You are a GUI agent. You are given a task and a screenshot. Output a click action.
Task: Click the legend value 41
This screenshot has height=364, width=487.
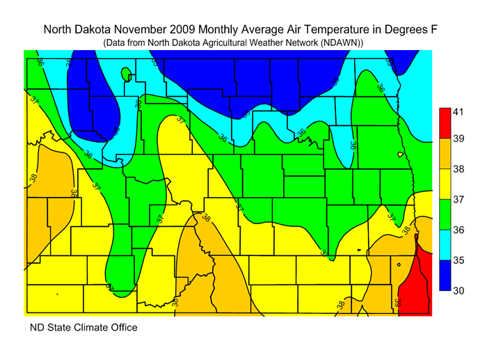[x=458, y=112]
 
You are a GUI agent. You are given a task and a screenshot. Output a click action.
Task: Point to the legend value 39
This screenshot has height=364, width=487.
[x=458, y=140]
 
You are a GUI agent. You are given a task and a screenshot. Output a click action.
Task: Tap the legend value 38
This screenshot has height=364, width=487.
[x=458, y=169]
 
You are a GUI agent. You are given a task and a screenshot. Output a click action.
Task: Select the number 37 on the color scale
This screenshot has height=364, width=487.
[x=458, y=200]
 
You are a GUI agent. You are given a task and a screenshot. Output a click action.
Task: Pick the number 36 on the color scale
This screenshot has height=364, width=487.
[x=458, y=230]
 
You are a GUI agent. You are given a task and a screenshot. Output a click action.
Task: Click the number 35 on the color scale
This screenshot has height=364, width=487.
[x=458, y=260]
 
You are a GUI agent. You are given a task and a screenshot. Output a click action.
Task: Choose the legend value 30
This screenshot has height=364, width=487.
[x=458, y=290]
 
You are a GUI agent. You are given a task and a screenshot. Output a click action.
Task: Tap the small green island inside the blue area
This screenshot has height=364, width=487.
[x=125, y=73]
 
